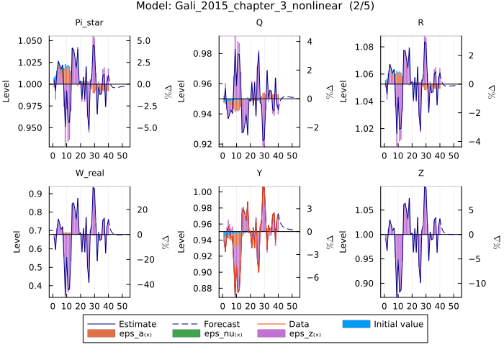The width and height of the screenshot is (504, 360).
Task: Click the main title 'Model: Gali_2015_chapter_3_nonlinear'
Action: pyautogui.click(x=251, y=6)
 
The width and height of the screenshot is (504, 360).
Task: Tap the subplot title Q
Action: pyautogui.click(x=258, y=23)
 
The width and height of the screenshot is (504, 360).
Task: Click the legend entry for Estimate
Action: pyautogui.click(x=137, y=324)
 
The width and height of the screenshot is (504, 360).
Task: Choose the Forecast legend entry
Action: pyautogui.click(x=221, y=324)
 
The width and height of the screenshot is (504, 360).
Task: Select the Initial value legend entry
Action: pyautogui.click(x=398, y=324)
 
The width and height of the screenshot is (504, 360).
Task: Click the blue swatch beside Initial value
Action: pyautogui.click(x=357, y=324)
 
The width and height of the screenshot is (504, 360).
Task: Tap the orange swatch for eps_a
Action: pyautogui.click(x=102, y=335)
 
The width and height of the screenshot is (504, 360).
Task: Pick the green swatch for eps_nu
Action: pyautogui.click(x=187, y=335)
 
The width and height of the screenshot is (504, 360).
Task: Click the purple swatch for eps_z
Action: pyautogui.click(x=272, y=335)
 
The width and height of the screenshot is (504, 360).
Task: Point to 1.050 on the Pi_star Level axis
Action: pyautogui.click(x=32, y=41)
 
